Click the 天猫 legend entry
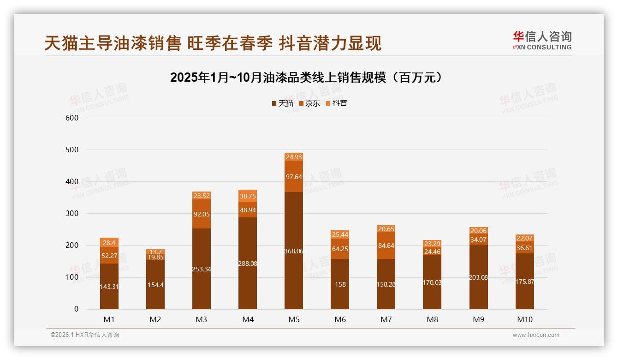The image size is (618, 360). pos(283,103)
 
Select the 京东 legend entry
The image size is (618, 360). pos(309,103)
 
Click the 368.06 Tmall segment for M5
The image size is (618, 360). pos(294,251)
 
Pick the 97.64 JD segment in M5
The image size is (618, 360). pos(294,176)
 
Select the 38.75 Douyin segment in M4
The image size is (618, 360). pos(248,196)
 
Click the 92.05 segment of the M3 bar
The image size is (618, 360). pos(202,214)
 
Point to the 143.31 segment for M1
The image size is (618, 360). pos(109,286)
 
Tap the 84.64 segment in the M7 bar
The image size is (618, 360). pos(386,245)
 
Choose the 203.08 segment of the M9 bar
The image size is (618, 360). pos(479,277)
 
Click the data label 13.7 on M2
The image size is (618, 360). pos(155,252)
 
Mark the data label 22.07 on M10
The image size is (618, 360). pos(525,238)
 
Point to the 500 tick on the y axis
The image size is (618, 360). pos(72,150)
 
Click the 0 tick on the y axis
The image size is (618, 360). pos(77,309)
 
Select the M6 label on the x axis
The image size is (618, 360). pos(340,319)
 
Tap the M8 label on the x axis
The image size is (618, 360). pos(432,319)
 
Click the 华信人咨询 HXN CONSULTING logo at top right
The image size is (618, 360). pos(542,41)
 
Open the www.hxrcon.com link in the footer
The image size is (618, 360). pos(536,335)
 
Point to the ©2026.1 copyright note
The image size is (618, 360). pos(85,335)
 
